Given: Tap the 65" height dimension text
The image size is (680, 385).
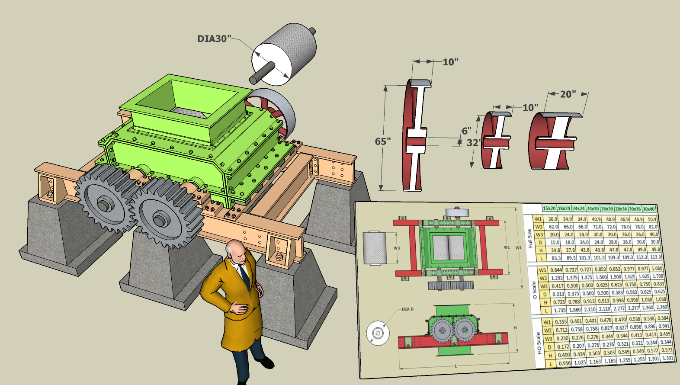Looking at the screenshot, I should pyautogui.click(x=383, y=142).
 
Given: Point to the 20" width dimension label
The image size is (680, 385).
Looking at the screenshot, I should pyautogui.click(x=568, y=94).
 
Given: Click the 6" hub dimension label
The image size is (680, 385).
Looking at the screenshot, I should pyautogui.click(x=466, y=131).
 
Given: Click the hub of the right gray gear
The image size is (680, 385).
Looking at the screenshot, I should pyautogui.click(x=159, y=221).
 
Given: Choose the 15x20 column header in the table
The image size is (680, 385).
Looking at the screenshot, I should pyautogui.click(x=549, y=209).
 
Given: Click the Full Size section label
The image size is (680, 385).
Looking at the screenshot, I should pyautogui.click(x=530, y=238).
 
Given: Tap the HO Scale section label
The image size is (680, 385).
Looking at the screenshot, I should pyautogui.click(x=539, y=343).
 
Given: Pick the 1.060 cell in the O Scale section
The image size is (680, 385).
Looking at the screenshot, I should pyautogui.click(x=657, y=268).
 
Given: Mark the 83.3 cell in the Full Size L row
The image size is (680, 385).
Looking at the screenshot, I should pyautogui.click(x=556, y=258).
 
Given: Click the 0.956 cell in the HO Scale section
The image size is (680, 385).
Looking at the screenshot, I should pyautogui.click(x=564, y=363).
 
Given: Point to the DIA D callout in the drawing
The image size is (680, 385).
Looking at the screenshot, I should pyautogui.click(x=407, y=309).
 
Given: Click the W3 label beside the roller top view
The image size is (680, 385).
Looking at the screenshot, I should pyautogui.click(x=397, y=248).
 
